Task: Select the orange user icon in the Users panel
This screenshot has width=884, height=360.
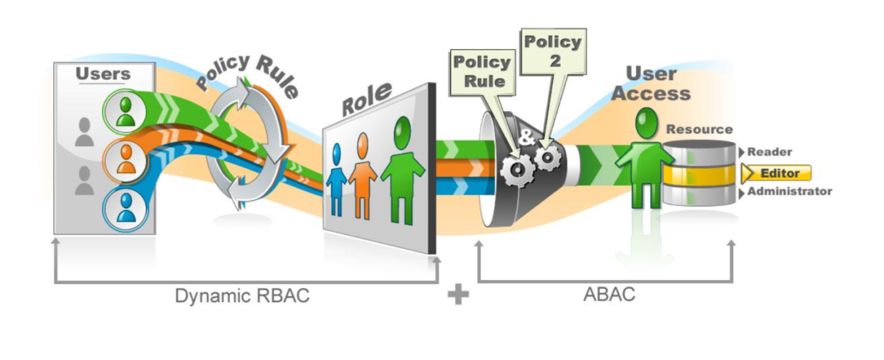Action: coord(124,160)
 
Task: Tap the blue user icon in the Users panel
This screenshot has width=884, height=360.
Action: coord(124,209)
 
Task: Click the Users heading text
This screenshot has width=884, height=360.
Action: coord(102,74)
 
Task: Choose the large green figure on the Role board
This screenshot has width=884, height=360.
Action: coord(402,170)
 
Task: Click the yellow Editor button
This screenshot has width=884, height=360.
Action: coord(777,173)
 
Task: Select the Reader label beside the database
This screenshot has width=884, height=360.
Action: coord(769,151)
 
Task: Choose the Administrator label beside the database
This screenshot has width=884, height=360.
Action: coord(790,191)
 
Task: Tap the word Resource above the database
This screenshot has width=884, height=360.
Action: coord(700,129)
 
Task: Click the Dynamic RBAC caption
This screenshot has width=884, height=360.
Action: coord(242,296)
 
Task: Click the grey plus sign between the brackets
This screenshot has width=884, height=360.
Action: coord(458,294)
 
